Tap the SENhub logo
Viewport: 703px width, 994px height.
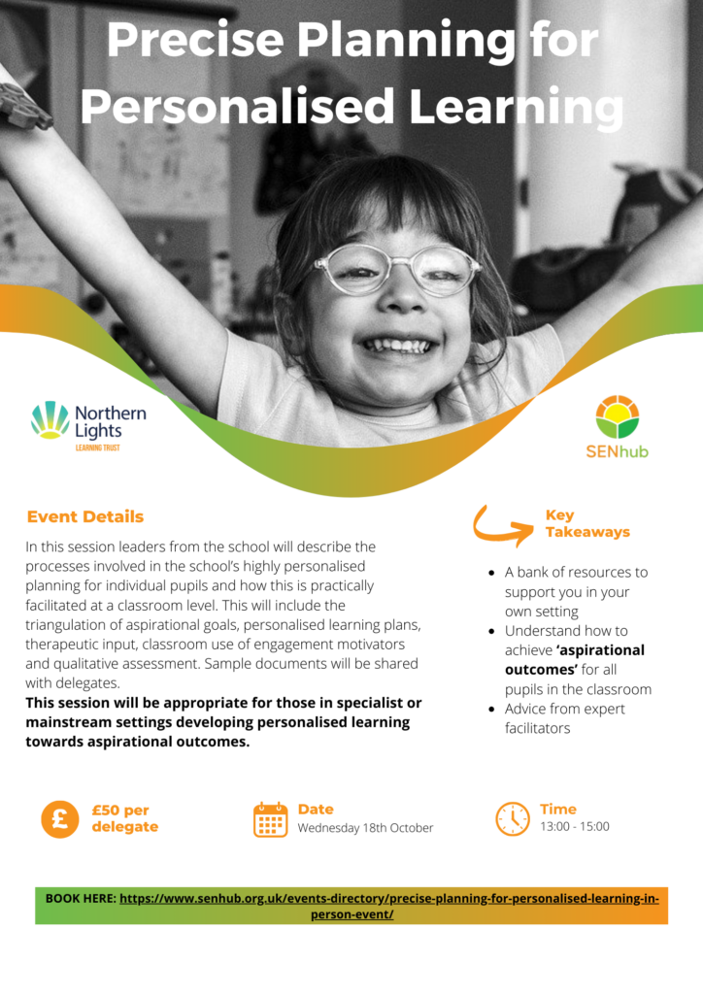point(617,427)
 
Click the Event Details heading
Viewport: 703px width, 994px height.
point(84,516)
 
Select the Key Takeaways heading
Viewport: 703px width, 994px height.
point(587,523)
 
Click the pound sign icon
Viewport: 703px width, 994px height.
point(60,819)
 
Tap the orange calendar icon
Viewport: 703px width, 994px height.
point(271,819)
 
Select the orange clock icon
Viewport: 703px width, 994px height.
point(512,819)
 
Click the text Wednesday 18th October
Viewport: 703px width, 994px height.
point(365,828)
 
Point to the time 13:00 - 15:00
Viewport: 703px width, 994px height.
point(574,827)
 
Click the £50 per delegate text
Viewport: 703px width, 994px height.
point(125,818)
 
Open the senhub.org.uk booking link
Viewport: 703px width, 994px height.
point(389,907)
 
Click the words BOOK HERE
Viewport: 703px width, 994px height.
point(81,898)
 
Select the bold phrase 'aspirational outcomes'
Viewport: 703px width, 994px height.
point(574,660)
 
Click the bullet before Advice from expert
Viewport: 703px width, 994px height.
point(491,710)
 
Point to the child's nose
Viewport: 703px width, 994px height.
point(401,297)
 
